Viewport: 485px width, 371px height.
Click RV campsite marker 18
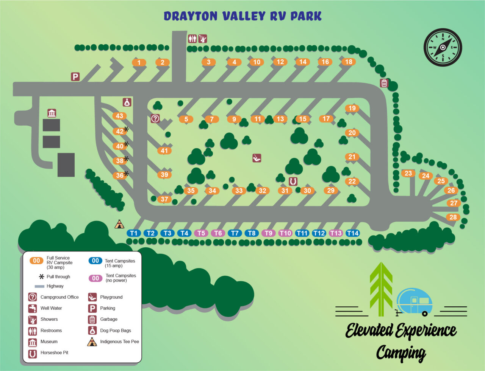[349, 62]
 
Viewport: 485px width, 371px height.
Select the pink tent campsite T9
[268, 233]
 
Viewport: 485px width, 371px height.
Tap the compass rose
[443, 47]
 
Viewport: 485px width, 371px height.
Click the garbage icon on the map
[384, 83]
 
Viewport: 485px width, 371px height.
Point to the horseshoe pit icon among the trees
[293, 182]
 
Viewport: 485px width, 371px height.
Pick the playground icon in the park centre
[257, 158]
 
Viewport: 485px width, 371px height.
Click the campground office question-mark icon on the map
[155, 118]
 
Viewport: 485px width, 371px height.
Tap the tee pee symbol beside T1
[119, 224]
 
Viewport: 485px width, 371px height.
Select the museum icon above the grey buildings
[52, 113]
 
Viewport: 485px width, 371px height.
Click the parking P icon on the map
[75, 77]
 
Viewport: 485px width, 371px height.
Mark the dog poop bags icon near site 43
[127, 102]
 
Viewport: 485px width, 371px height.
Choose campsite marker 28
[453, 217]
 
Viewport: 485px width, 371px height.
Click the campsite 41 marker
[164, 151]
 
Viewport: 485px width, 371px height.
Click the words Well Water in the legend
[51, 308]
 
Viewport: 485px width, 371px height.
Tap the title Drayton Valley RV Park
[242, 16]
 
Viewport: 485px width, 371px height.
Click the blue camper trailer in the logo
[414, 302]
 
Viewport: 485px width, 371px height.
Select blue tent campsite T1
[134, 233]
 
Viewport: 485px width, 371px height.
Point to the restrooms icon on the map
[192, 39]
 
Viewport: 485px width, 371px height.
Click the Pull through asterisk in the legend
[42, 276]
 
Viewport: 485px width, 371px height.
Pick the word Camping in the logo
[401, 353]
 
